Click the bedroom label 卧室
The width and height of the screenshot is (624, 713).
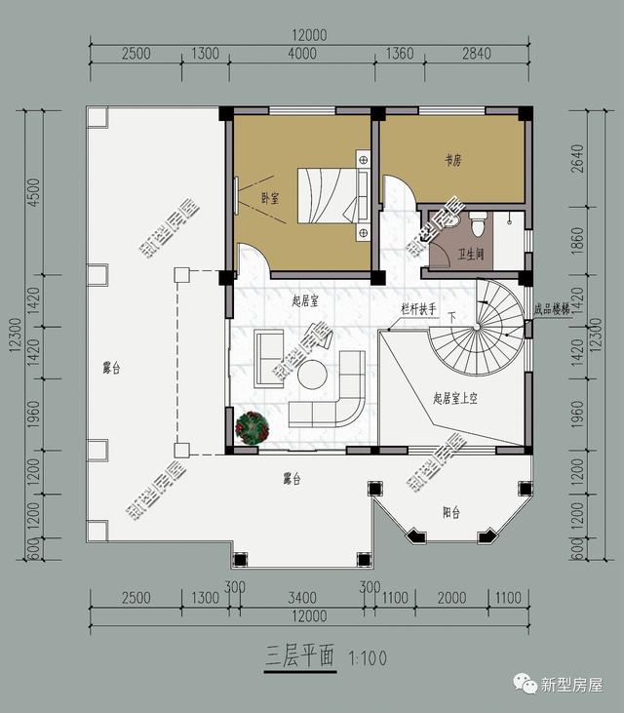click(270, 198)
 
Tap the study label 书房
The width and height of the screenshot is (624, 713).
click(452, 158)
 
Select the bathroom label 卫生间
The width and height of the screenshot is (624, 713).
click(473, 255)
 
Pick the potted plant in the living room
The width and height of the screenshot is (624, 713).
click(253, 428)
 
